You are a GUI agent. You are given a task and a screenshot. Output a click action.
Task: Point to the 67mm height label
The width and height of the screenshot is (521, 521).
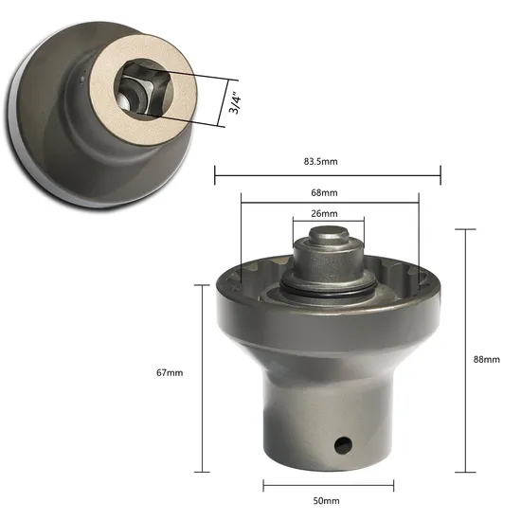(x=171, y=373)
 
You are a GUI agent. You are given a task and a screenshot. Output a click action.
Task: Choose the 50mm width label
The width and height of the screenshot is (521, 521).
(x=328, y=499)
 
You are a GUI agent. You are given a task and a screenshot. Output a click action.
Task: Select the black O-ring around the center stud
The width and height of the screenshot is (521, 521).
(x=327, y=290)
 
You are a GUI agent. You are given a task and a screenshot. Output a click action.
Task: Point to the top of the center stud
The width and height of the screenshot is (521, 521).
(x=326, y=243)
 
